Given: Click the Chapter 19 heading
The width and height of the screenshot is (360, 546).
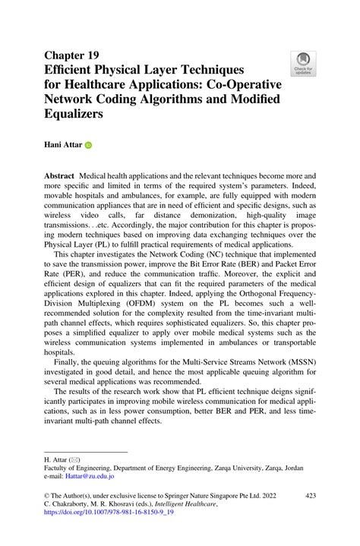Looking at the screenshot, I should tap(71, 55).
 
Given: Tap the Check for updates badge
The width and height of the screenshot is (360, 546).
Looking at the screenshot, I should tap(302, 65).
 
